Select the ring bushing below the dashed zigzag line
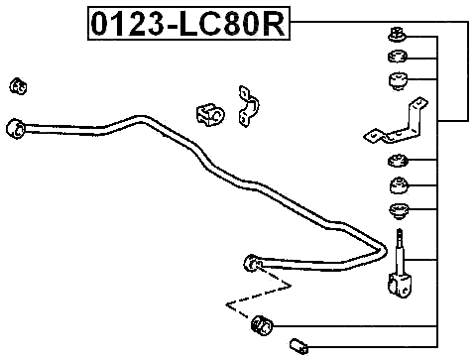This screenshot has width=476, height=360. click(x=262, y=323)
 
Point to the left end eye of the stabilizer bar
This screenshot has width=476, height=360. click(x=15, y=128)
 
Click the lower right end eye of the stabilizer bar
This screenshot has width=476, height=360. click(x=251, y=263)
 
